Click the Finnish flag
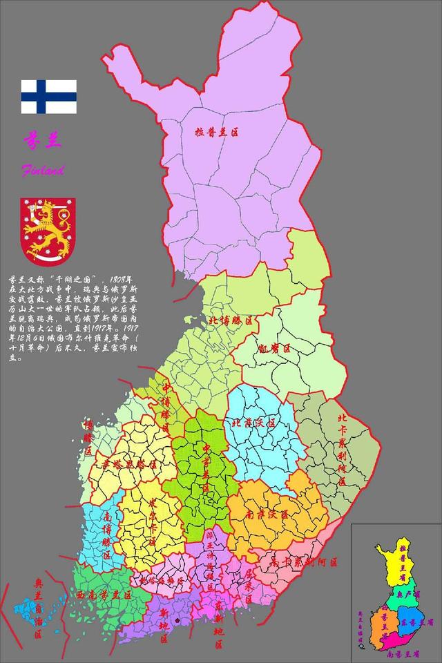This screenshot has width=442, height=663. click(x=48, y=97)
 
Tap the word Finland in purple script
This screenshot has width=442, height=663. click(x=43, y=170)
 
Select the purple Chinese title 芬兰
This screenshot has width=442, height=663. click(x=44, y=140)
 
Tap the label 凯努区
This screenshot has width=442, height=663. click(x=272, y=349)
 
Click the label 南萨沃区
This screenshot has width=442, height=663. click(x=267, y=515)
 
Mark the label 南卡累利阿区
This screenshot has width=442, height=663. click(x=305, y=562)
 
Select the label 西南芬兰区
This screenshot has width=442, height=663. click(x=104, y=595)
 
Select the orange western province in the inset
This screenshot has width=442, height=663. click(x=383, y=625)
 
